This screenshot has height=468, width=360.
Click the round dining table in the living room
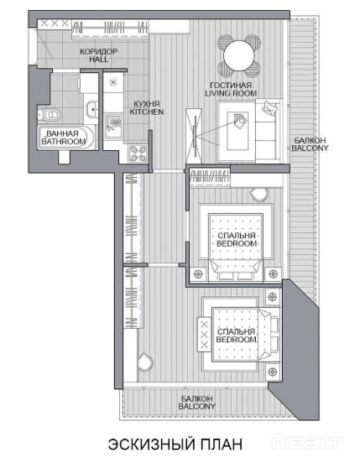239,55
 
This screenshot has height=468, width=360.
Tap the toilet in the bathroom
50,114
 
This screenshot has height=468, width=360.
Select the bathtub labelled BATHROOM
65,138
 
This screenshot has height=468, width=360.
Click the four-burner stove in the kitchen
138,153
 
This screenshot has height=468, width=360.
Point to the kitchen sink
113,126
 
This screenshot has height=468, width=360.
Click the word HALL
98,60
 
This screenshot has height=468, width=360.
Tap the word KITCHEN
147,112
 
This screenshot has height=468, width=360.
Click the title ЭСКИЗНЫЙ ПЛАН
175,445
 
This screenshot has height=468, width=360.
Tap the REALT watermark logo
307,442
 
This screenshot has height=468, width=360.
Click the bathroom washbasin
91,109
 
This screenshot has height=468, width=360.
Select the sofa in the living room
269,131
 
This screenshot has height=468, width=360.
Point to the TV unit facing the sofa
194,136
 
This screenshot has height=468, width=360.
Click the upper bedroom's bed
236,247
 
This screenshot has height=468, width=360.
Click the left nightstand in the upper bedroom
198,273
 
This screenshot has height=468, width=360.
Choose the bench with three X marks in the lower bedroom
204,335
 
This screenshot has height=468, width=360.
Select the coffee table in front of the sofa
237,131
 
